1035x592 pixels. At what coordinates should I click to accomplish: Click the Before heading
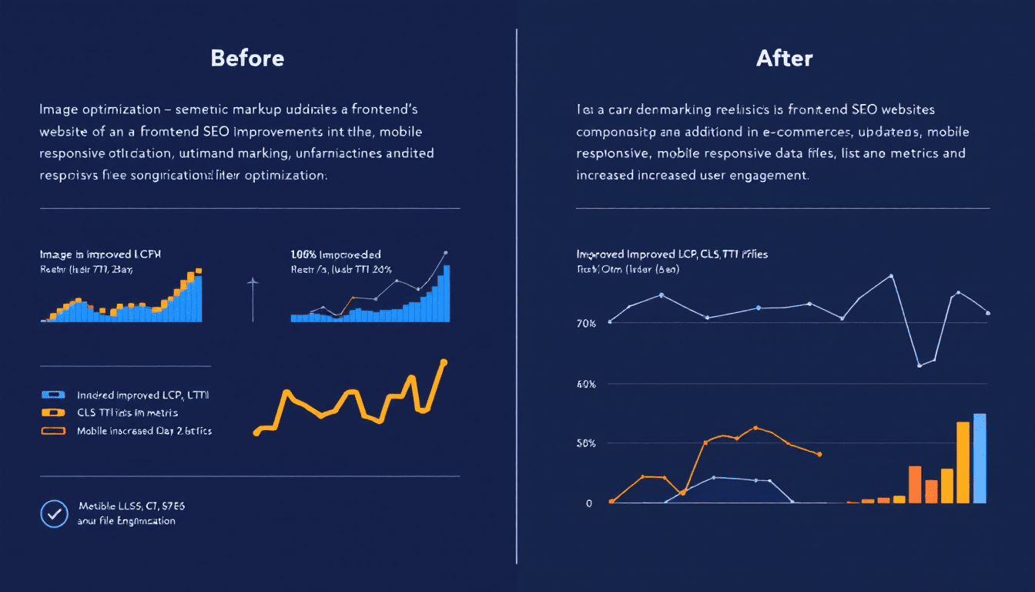(247, 58)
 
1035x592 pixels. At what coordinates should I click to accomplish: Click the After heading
(784, 58)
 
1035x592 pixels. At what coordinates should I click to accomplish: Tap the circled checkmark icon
(54, 513)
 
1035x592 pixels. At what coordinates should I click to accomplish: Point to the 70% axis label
(586, 324)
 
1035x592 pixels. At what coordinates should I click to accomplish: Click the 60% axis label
(586, 384)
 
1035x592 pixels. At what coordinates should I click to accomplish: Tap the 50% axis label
(586, 444)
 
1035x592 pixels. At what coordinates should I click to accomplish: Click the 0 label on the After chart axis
(589, 503)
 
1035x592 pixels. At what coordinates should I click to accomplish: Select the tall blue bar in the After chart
(980, 459)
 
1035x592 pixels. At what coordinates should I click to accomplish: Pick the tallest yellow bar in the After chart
(963, 462)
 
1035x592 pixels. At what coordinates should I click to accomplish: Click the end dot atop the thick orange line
(444, 362)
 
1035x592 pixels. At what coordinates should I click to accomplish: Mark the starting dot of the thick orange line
(256, 433)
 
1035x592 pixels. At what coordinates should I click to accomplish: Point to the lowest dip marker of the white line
(919, 365)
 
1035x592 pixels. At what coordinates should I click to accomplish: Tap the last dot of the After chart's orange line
(819, 454)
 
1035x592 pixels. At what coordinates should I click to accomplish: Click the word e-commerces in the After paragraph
(789, 132)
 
